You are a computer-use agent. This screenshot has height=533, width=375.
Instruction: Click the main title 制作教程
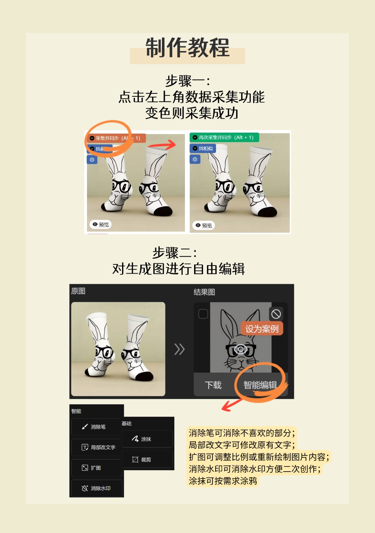(187, 47)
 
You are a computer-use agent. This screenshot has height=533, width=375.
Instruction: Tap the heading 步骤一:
(187, 81)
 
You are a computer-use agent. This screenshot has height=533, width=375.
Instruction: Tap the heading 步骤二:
(175, 252)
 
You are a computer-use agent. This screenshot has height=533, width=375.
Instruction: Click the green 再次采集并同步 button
(224, 137)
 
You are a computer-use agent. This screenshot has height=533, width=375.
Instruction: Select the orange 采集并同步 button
(116, 138)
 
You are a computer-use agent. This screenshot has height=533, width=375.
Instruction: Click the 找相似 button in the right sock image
(202, 148)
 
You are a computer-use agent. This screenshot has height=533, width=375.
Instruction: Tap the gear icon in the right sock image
(195, 159)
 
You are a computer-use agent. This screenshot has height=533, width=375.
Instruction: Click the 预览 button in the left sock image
(101, 224)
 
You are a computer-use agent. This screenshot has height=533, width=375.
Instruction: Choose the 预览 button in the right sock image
(203, 225)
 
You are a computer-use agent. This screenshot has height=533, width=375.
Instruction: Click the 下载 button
(213, 385)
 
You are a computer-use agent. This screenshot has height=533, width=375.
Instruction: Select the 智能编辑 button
(260, 385)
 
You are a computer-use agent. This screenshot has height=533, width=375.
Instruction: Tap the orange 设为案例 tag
(262, 329)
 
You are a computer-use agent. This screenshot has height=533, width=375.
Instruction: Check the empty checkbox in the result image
(203, 314)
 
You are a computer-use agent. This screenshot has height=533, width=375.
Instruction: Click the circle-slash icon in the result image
(276, 314)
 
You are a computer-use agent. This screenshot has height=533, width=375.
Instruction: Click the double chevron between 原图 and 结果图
(179, 349)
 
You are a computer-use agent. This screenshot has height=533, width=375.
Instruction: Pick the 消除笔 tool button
(96, 427)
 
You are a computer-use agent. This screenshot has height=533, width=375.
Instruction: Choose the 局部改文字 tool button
(96, 447)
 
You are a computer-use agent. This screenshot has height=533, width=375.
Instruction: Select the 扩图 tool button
(96, 468)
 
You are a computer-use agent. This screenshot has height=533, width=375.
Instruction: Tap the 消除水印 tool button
(96, 488)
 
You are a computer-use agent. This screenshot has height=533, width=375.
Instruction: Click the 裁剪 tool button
(147, 459)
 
